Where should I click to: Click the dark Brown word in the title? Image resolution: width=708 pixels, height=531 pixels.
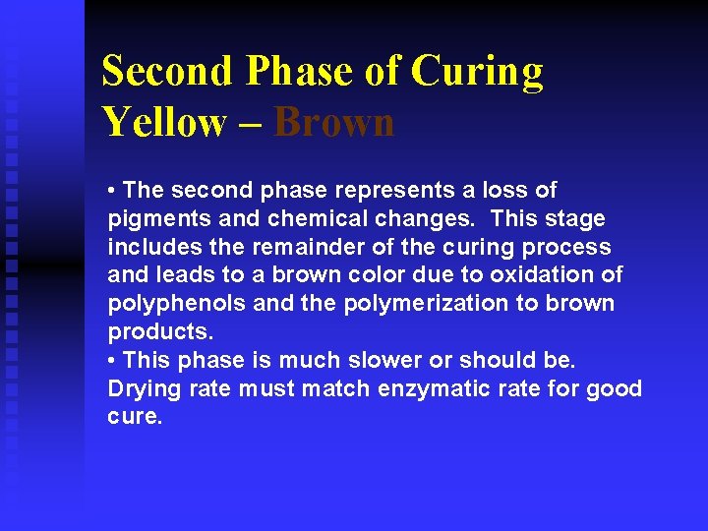pyautogui.click(x=334, y=123)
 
